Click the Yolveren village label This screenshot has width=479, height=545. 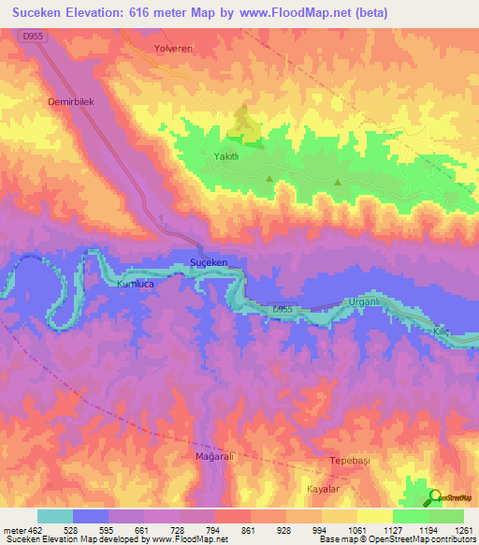coord(173,48)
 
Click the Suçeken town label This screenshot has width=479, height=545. coord(209,262)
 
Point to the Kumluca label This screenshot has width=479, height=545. coord(135,282)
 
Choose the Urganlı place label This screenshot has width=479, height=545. coord(360,302)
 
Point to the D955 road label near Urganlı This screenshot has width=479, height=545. coord(284,310)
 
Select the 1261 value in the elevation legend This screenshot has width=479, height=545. coord(465,530)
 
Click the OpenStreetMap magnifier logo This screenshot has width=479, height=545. coord(435,497)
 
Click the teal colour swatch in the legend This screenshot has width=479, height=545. coord(54,516)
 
